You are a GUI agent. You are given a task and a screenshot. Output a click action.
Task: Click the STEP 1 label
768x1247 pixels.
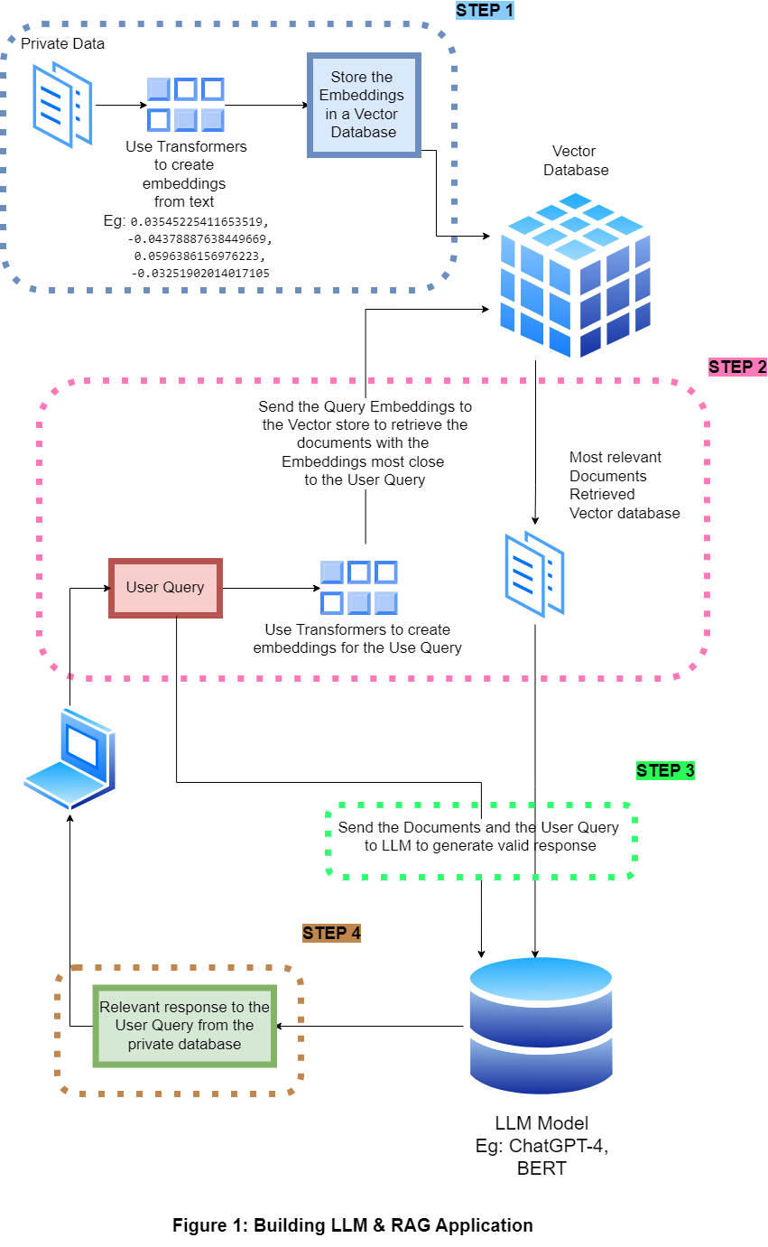[485, 11]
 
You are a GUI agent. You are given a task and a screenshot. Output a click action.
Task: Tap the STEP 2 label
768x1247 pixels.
[737, 368]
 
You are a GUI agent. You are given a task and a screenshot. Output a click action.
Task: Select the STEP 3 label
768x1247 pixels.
[665, 771]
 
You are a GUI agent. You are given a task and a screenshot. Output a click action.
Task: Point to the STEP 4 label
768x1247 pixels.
[331, 934]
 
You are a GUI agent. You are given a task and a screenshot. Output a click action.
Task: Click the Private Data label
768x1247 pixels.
[62, 43]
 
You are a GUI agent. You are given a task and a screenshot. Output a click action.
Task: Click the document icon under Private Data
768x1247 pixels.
[61, 104]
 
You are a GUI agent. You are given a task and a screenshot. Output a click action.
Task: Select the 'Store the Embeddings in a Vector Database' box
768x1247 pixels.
[364, 105]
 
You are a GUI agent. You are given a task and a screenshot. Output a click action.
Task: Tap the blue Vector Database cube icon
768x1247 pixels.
[576, 275]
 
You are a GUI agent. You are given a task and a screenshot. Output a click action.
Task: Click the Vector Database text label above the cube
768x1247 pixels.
[575, 161]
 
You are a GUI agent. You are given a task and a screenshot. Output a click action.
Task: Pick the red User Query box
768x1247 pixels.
[165, 588]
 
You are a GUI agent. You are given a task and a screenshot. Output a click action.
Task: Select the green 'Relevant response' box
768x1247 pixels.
[185, 1026]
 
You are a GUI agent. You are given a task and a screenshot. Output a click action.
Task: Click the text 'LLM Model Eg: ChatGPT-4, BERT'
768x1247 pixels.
[541, 1146]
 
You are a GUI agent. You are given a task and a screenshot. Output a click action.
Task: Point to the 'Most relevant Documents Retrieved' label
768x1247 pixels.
[624, 485]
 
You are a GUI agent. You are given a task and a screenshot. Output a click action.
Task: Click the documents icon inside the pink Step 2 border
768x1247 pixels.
[534, 574]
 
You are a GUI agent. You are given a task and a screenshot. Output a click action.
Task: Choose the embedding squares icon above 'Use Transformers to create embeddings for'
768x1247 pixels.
[359, 587]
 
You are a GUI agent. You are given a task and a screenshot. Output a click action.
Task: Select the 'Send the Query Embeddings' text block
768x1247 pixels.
[365, 443]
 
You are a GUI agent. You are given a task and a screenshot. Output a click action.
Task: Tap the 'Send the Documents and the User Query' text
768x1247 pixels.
[479, 837]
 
